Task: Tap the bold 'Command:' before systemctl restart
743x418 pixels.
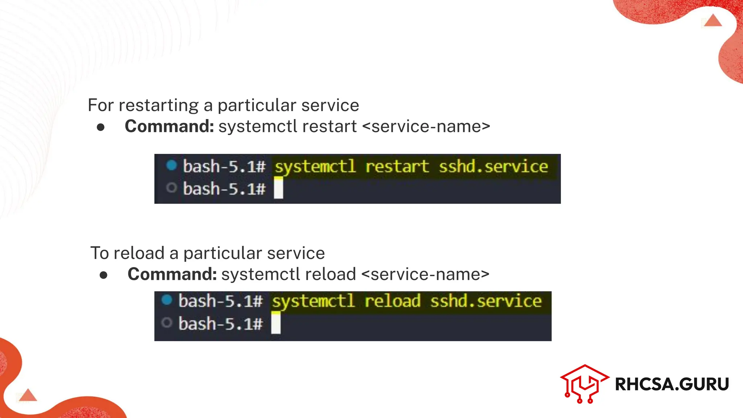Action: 169,126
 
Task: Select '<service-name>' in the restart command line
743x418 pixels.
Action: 426,126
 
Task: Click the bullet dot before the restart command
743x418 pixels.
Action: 101,127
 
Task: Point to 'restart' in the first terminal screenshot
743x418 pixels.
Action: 397,167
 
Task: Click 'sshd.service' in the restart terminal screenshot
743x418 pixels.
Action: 493,167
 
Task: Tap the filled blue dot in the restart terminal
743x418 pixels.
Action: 171,165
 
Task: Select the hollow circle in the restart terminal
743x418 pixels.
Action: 171,188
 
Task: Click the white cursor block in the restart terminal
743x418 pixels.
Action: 278,189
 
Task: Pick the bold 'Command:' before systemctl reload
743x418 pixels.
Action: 172,274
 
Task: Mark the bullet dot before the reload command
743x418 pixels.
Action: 103,275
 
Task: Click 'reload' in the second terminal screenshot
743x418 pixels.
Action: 392,302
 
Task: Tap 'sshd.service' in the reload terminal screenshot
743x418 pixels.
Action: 486,302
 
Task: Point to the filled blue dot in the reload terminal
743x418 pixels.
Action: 167,300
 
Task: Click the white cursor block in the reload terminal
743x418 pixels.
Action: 276,324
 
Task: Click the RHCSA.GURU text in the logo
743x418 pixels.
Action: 672,384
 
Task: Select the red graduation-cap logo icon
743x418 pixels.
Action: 584,384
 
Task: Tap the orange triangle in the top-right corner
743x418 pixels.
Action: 713,21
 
